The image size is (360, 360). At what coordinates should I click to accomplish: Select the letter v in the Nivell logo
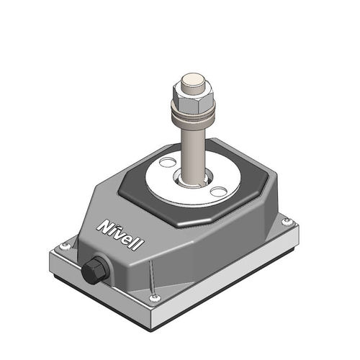click(120, 233)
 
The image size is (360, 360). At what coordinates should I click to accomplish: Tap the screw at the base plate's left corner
click(66, 246)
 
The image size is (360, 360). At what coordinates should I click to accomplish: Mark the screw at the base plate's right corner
click(287, 220)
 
